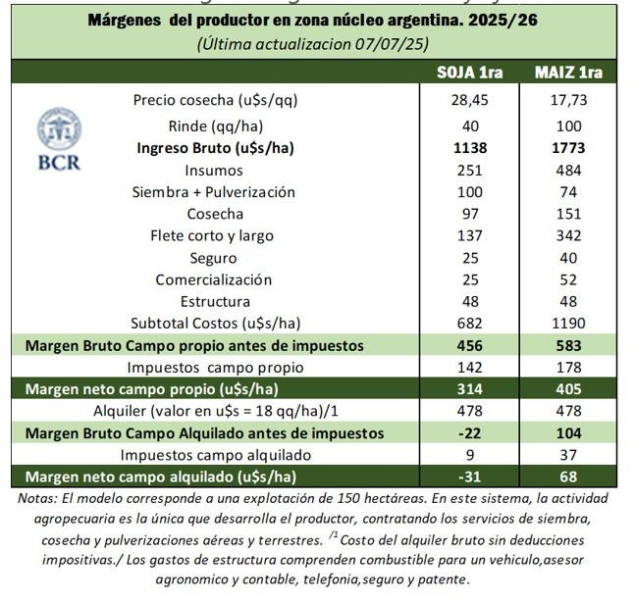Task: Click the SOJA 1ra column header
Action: pyautogui.click(x=470, y=73)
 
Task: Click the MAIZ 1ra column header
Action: pyautogui.click(x=568, y=73)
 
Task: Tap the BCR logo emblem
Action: pyautogui.click(x=59, y=130)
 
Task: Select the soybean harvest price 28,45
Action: pyautogui.click(x=470, y=100)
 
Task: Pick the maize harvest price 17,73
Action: pyautogui.click(x=568, y=100)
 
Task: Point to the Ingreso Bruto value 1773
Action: pyautogui.click(x=568, y=148)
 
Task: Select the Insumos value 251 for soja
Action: pyautogui.click(x=470, y=171)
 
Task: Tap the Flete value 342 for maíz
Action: pyautogui.click(x=568, y=235)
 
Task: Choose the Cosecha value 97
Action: pyautogui.click(x=470, y=214)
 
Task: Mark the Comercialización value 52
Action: pyautogui.click(x=568, y=279)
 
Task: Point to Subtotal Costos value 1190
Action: pyautogui.click(x=568, y=324)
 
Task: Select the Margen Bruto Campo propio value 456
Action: pyautogui.click(x=470, y=345)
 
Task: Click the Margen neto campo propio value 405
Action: pyautogui.click(x=568, y=389)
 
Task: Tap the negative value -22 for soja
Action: pyautogui.click(x=470, y=432)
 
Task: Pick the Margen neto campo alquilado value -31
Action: pyautogui.click(x=470, y=477)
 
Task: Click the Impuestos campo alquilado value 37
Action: pyautogui.click(x=568, y=455)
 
